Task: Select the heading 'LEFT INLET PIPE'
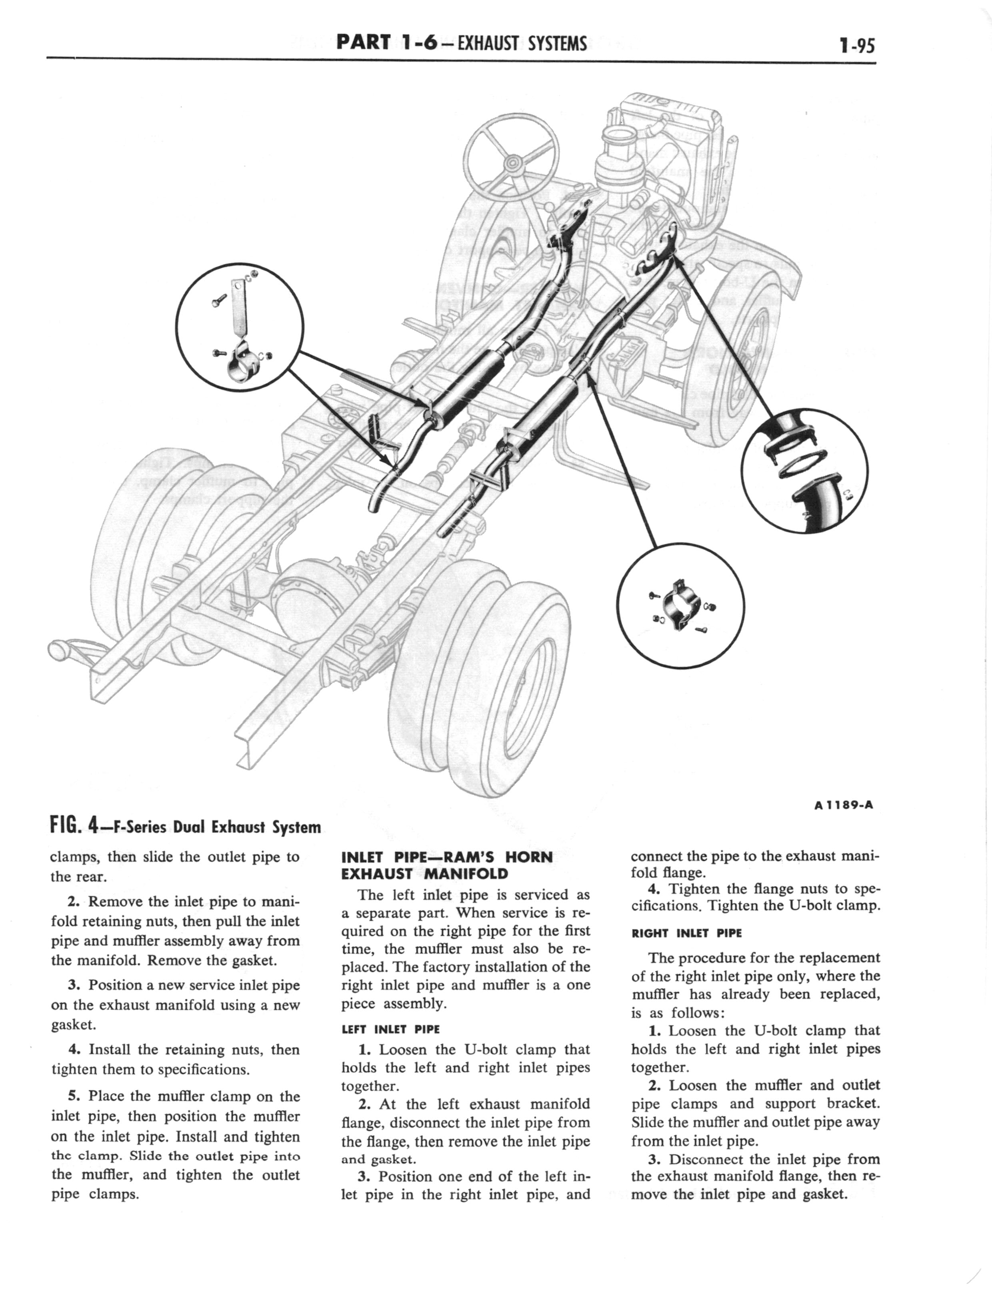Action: (x=391, y=1029)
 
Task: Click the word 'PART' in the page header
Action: (x=363, y=43)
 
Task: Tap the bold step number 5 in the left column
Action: (x=74, y=1096)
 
